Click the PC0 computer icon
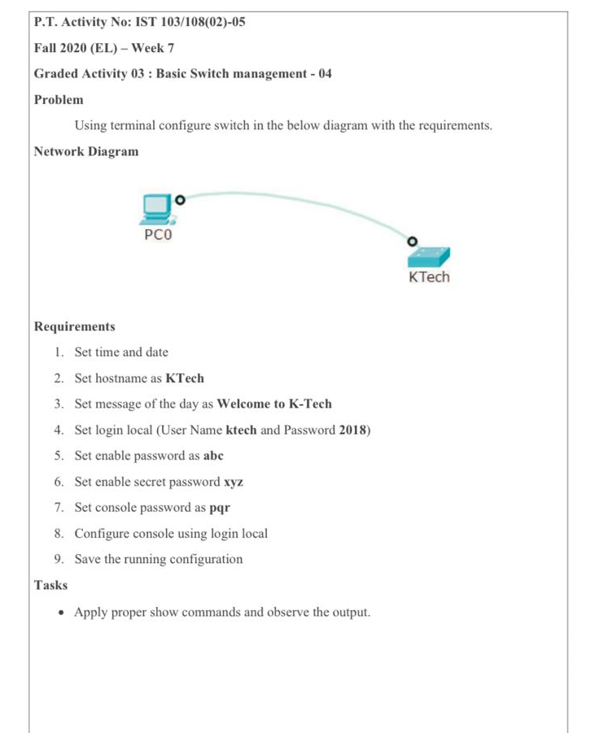click(x=156, y=209)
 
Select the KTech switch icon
click(x=428, y=255)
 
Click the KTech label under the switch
click(x=428, y=277)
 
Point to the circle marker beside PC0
click(x=180, y=198)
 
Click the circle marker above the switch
click(x=412, y=241)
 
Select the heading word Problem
click(x=59, y=99)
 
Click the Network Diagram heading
click(x=86, y=151)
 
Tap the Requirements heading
click(x=75, y=326)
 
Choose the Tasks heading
click(x=50, y=585)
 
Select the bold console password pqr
click(x=220, y=508)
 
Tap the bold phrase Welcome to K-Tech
click(x=274, y=404)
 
